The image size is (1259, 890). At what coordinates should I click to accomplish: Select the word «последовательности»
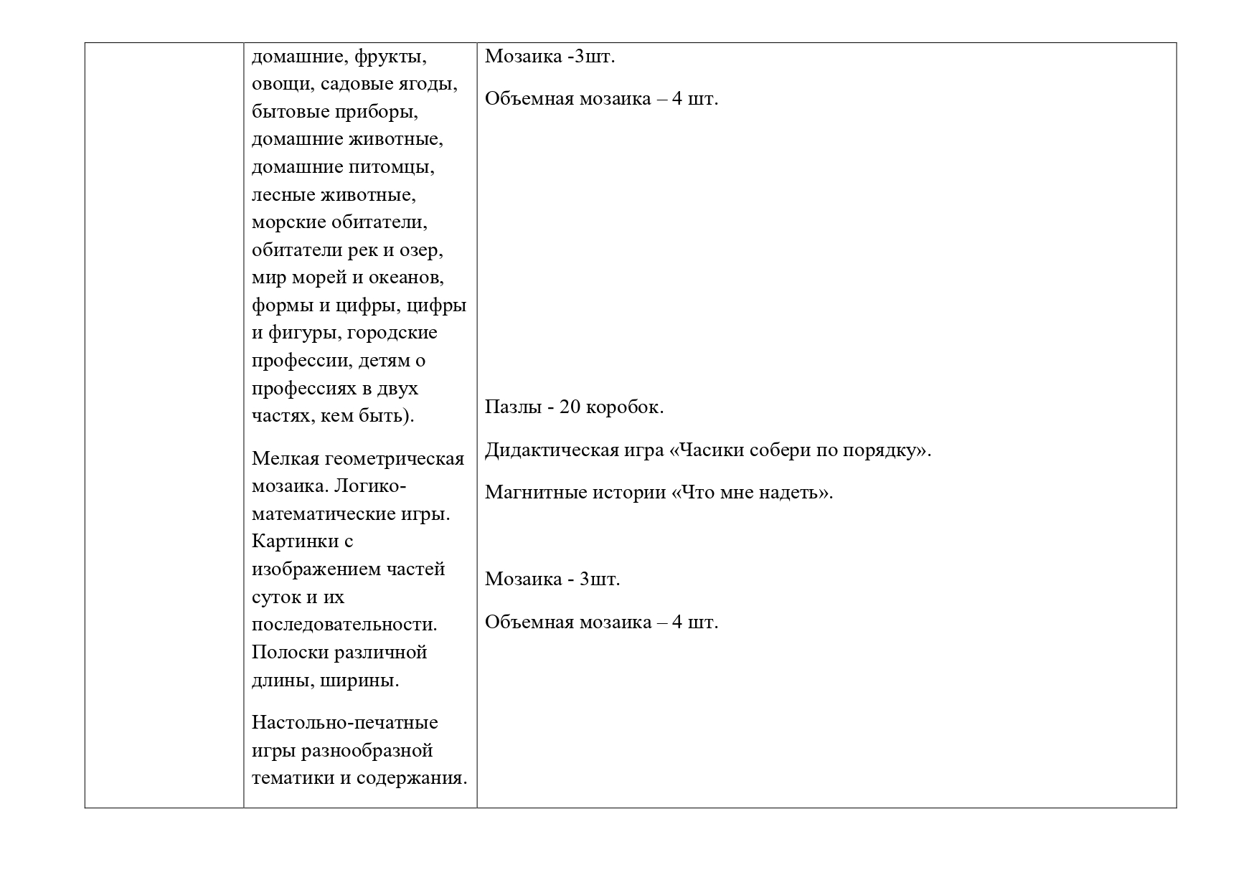(x=344, y=625)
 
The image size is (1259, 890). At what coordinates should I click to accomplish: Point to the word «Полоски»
(x=291, y=653)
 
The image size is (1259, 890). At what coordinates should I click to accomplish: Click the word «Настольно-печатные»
(x=344, y=722)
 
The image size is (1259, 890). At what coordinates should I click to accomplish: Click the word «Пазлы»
(x=511, y=407)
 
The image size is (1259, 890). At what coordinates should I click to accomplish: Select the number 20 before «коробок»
(x=570, y=407)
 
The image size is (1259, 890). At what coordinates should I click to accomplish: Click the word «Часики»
(x=704, y=450)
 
